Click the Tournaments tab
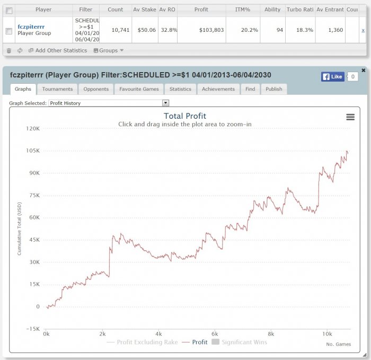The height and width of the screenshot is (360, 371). click(x=57, y=89)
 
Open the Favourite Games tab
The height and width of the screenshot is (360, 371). click(x=139, y=89)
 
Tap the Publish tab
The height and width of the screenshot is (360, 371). click(x=273, y=89)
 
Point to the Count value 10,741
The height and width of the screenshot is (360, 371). click(x=115, y=30)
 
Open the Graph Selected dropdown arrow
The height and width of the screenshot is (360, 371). click(x=166, y=103)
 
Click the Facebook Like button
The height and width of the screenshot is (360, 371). click(x=333, y=77)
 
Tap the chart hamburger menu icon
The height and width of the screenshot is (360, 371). click(x=350, y=117)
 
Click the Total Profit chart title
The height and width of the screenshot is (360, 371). click(x=185, y=116)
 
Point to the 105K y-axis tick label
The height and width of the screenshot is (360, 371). click(x=33, y=151)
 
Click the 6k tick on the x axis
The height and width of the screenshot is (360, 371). click(x=215, y=334)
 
